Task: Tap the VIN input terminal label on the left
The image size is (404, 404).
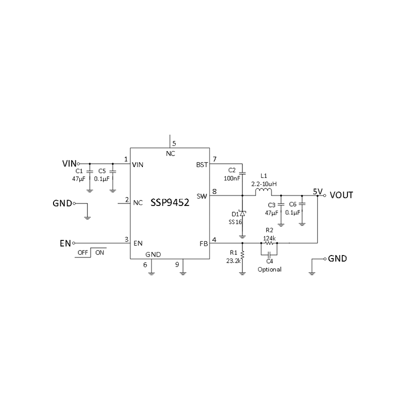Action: pos(69,164)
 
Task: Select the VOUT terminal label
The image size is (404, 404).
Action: pos(341,195)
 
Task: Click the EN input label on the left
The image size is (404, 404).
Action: pos(65,243)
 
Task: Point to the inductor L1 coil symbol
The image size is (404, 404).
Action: pos(264,192)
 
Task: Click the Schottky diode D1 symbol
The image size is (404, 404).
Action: pos(242,214)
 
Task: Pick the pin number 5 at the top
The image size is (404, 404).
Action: pos(174,143)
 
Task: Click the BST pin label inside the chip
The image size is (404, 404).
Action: pos(201,165)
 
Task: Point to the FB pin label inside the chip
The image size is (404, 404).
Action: pos(204,243)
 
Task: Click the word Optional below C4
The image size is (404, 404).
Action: pos(269,269)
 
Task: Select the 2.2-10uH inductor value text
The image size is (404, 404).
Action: pos(263,184)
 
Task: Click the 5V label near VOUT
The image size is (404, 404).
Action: pos(317,191)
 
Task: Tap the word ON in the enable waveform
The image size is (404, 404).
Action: pos(100,252)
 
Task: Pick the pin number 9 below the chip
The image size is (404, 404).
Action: pos(177,264)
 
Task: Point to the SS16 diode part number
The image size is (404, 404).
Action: pos(235,221)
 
